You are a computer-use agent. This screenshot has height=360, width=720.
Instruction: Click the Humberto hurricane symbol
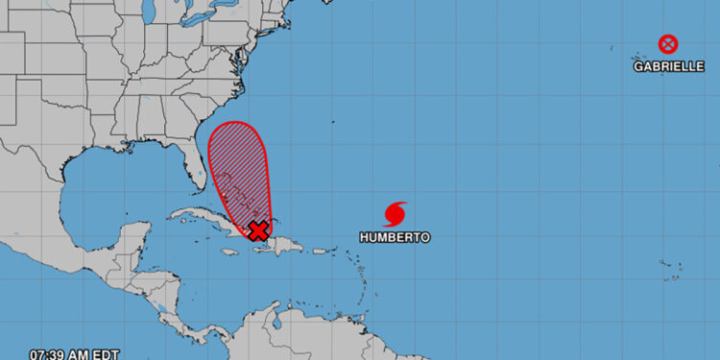point(395,212)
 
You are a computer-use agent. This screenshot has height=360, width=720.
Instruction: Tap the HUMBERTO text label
point(395,236)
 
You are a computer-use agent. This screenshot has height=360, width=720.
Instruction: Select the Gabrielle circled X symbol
point(667,44)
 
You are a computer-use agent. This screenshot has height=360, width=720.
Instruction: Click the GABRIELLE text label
point(669,67)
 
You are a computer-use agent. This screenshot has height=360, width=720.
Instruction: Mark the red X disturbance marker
point(258,229)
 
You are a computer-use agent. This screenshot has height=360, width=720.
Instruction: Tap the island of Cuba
point(206,217)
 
